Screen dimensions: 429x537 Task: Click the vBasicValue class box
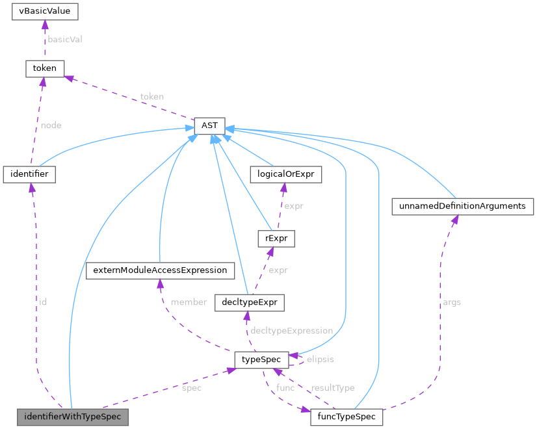tap(45, 12)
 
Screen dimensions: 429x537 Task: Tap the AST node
tap(209, 125)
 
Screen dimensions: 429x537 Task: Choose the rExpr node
tap(276, 239)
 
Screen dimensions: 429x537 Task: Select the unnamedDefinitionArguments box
tap(462, 206)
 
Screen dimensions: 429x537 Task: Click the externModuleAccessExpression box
tap(160, 270)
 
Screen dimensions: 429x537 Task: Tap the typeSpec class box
tap(261, 359)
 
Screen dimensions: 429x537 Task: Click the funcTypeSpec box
tap(347, 417)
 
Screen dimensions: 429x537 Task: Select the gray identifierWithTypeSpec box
tap(72, 417)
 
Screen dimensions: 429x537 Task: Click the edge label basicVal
tap(65, 39)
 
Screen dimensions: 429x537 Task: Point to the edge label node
tap(51, 125)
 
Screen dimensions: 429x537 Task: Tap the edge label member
tap(189, 302)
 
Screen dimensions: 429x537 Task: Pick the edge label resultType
tap(333, 388)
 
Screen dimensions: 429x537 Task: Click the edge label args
tap(451, 302)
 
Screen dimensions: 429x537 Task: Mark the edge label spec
tap(192, 388)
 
